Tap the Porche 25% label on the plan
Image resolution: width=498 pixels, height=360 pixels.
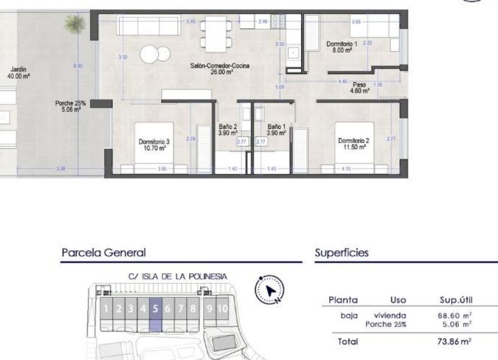[70, 106]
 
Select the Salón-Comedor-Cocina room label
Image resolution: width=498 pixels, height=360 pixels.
[220, 69]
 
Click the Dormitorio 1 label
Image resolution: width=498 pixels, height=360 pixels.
[340, 47]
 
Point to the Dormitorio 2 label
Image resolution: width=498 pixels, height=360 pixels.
[353, 144]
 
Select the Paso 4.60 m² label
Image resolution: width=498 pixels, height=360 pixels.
[358, 88]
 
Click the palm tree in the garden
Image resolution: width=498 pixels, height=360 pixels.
[74, 23]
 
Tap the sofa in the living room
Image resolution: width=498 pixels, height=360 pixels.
[148, 26]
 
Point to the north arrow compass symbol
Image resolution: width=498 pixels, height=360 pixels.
[270, 290]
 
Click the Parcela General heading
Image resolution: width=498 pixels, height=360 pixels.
[103, 253]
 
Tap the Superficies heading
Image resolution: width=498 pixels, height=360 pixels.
[342, 253]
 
